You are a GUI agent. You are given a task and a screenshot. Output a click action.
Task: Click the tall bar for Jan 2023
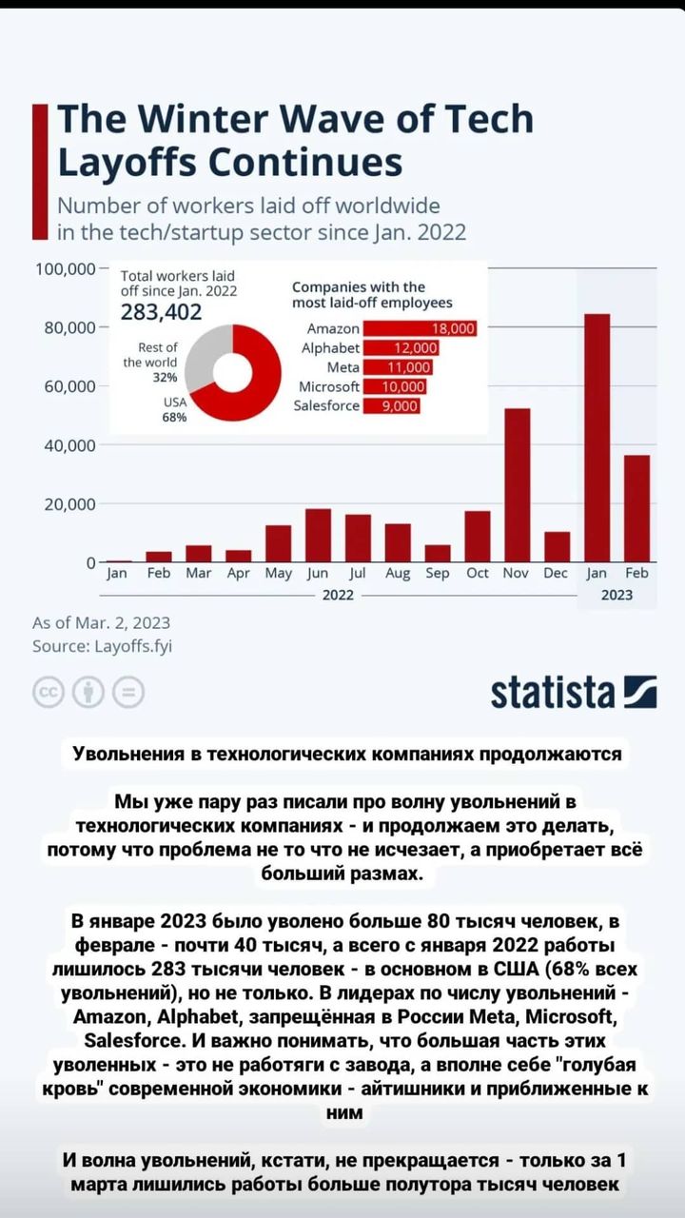(x=597, y=438)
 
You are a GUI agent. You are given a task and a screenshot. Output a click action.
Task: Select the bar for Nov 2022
(x=517, y=485)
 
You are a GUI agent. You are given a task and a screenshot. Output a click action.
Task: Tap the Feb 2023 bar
(x=636, y=508)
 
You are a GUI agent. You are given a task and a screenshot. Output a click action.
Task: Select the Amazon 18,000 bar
(x=420, y=328)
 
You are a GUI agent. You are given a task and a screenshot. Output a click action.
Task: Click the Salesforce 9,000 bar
(x=391, y=405)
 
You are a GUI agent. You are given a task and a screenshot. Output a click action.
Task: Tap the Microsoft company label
(x=329, y=386)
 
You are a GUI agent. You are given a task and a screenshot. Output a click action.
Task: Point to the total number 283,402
(x=162, y=312)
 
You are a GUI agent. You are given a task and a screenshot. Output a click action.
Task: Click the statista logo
(x=574, y=692)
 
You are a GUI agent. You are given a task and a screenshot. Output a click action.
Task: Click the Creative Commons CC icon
(x=48, y=692)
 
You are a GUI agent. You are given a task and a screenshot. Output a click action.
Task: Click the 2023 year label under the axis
(x=616, y=595)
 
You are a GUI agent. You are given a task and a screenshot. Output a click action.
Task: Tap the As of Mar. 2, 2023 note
(x=102, y=623)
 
